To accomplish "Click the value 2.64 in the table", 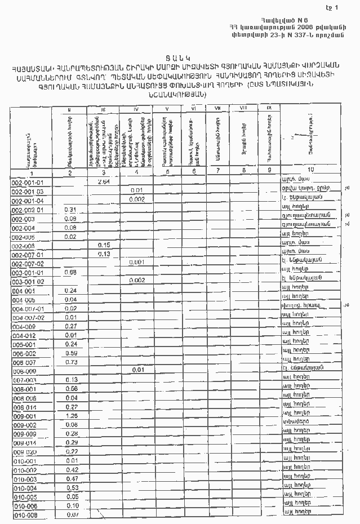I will click(103, 182).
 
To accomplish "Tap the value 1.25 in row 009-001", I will click(71, 416).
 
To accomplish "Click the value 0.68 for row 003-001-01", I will click(70, 272).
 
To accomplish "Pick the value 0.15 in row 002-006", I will click(103, 245).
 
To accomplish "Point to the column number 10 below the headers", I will click(311, 170).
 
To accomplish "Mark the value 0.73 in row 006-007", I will click(71, 362).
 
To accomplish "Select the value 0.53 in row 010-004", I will click(71, 487).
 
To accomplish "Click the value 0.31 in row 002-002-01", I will click(71, 210).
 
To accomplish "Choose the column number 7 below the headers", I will click(217, 170).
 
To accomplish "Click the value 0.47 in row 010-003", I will click(71, 478).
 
